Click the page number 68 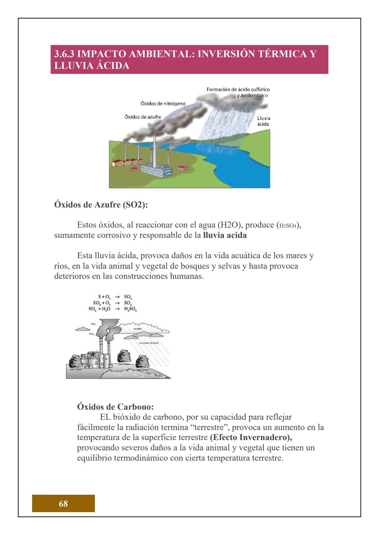63,503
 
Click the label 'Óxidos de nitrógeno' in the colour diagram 162,103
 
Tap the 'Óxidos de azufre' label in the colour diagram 142,117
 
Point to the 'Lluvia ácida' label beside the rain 264,121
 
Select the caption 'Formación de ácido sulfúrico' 238,89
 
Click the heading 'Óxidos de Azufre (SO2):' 101,205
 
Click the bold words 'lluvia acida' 225,235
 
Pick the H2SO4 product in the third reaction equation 130,309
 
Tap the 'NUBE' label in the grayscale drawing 138,329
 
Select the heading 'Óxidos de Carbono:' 115,407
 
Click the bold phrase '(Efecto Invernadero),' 251,437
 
